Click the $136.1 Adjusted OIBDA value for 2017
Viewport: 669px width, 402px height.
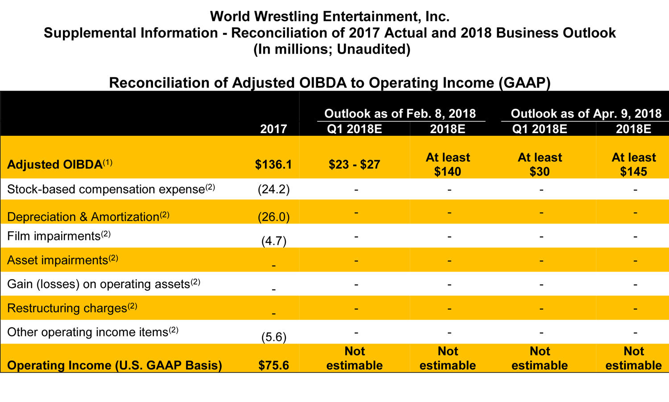(273, 164)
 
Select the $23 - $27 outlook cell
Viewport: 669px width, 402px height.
(355, 164)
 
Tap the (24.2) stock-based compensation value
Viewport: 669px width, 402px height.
(273, 189)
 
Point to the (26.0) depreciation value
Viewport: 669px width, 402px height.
(273, 217)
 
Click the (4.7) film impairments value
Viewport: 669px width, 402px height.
(273, 241)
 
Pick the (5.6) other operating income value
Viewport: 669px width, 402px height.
(273, 337)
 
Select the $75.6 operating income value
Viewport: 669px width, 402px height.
(273, 365)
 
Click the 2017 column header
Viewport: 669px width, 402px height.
(273, 129)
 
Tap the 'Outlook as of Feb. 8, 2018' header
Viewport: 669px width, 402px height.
(400, 113)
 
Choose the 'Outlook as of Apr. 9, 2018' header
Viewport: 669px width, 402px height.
(586, 113)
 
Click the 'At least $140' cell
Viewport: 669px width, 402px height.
(448, 164)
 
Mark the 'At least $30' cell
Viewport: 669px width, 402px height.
(540, 164)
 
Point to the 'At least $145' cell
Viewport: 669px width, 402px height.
(633, 164)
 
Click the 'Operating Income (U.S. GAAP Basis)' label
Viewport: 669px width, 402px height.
(115, 365)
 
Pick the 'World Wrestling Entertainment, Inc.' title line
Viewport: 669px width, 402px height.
(330, 17)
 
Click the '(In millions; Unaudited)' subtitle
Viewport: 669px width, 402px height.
(332, 49)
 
